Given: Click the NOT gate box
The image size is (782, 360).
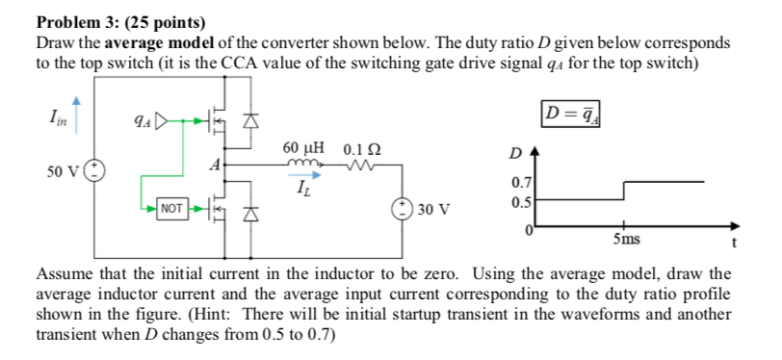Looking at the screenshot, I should pos(172,207).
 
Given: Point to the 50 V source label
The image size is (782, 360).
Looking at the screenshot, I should pos(65,171).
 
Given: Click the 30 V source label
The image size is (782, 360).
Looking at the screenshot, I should pos(435,208).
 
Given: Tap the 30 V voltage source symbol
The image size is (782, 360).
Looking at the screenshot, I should pos(401,208).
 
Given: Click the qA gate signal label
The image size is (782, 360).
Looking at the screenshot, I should pos(140,122).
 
